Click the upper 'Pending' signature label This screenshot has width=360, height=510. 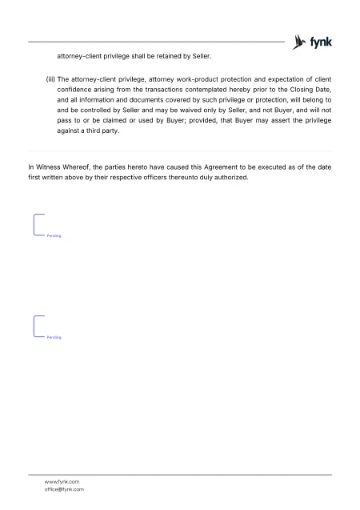point(54,237)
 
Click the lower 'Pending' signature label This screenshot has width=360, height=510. point(54,338)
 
